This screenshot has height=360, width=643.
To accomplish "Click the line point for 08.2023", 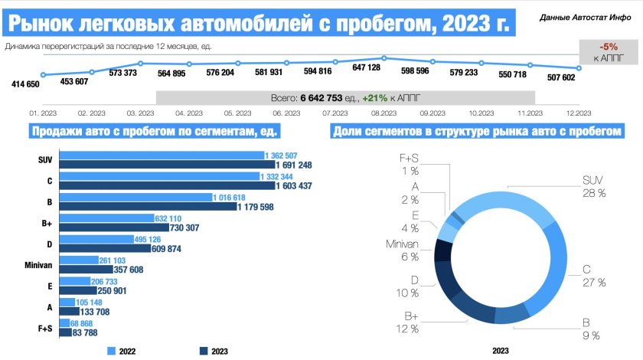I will (x=383, y=58).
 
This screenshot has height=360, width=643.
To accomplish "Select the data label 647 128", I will (x=367, y=68).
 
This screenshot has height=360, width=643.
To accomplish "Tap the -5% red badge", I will (x=609, y=46).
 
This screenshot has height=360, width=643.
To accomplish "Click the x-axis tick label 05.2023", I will (x=237, y=113).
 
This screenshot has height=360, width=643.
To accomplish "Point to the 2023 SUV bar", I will (x=162, y=165).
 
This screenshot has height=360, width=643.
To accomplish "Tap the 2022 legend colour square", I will (x=111, y=350).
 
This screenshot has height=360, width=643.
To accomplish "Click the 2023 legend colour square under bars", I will (x=204, y=350).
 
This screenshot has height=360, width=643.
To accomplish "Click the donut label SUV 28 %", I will (x=593, y=187).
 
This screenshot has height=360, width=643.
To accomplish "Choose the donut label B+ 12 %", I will (x=407, y=322).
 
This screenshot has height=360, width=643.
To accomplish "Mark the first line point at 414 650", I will (x=43, y=74).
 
